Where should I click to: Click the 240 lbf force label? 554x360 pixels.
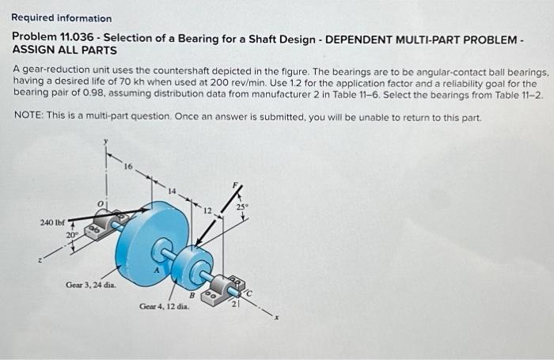[x=52, y=223]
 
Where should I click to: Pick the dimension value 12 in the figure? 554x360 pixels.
[x=208, y=210]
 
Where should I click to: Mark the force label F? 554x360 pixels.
[x=232, y=184]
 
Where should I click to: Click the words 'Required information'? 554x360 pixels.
[x=62, y=18]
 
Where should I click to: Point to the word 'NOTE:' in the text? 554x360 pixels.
[x=30, y=116]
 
